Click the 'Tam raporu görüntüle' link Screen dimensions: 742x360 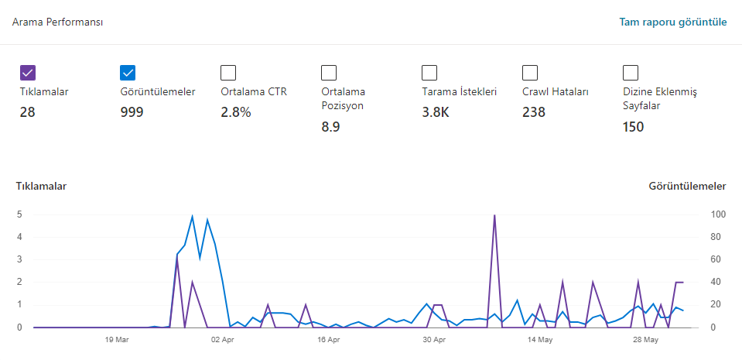(x=673, y=22)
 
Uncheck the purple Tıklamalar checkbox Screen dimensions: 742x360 (x=28, y=73)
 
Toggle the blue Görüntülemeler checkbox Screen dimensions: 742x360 (x=128, y=73)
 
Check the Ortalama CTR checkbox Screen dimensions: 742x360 (x=228, y=73)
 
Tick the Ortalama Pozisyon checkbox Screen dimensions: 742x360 (x=329, y=73)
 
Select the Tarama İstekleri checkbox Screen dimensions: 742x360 (x=429, y=73)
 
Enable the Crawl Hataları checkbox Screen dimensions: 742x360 (x=530, y=73)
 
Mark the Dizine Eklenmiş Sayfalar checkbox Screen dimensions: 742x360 (x=631, y=73)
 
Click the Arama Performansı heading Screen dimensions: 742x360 (x=58, y=22)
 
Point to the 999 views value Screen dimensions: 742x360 (x=132, y=112)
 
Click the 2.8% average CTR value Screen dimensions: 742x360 (x=236, y=112)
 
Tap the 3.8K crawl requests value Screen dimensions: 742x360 (x=436, y=112)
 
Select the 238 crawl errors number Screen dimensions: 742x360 (x=534, y=112)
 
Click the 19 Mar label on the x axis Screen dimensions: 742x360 (x=117, y=340)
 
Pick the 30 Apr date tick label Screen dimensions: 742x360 (x=434, y=340)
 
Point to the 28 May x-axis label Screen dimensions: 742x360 (x=646, y=340)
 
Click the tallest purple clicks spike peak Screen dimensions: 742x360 (x=494, y=215)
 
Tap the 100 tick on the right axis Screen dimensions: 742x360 (x=716, y=214)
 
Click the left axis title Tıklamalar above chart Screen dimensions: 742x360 (x=41, y=186)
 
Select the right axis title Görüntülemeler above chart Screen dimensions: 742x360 (x=687, y=186)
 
